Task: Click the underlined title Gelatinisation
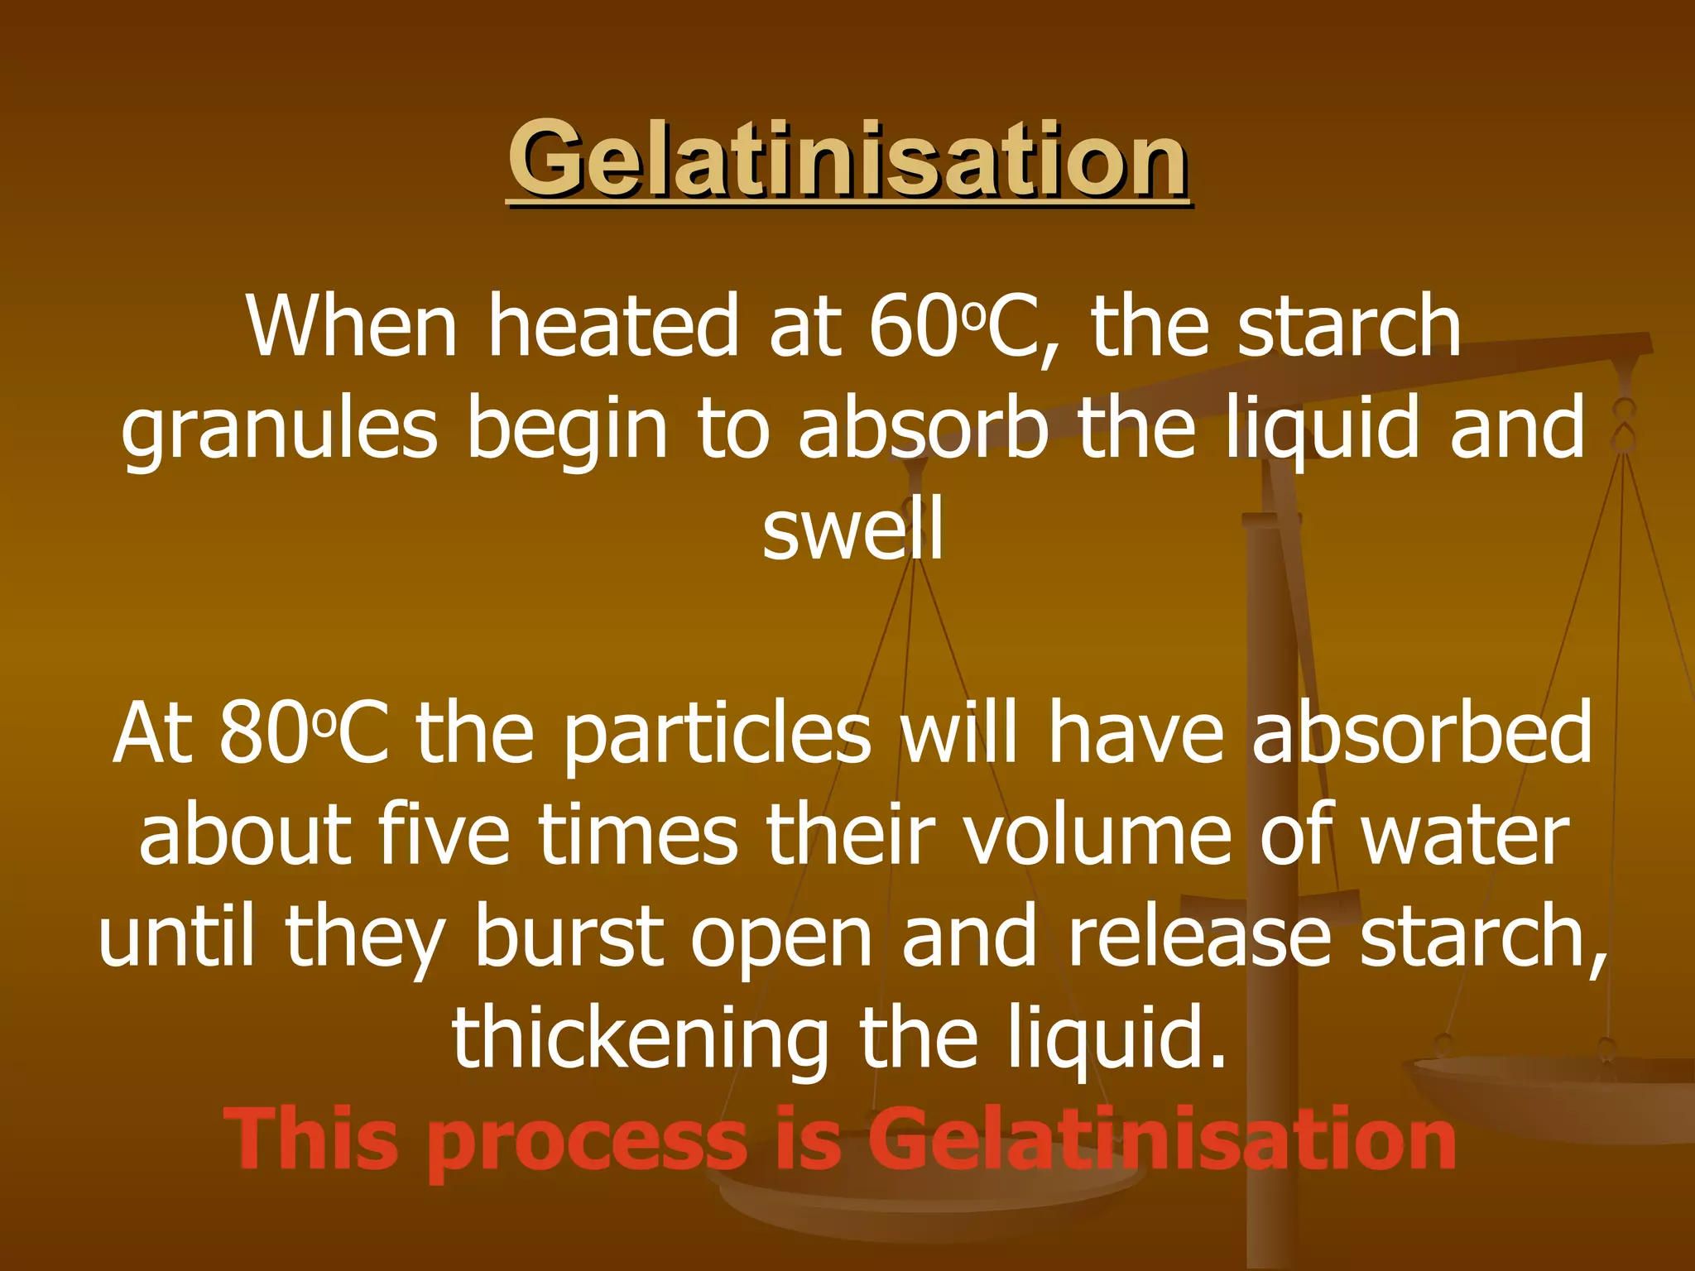click(847, 159)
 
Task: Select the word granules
click(279, 430)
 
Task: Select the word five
click(444, 836)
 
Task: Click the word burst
click(569, 937)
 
